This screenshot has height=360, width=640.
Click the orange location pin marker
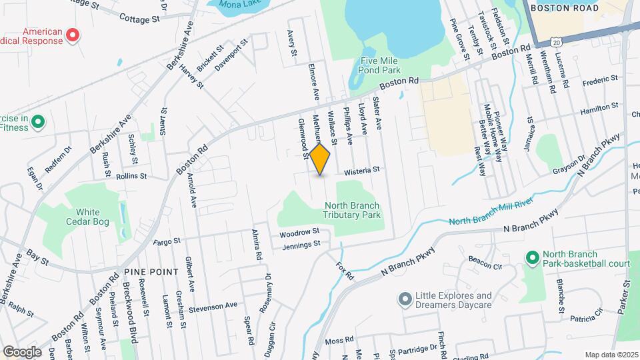pyautogui.click(x=320, y=159)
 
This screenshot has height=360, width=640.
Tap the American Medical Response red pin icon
pyautogui.click(x=74, y=36)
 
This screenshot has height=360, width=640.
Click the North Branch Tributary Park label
pyautogui.click(x=352, y=210)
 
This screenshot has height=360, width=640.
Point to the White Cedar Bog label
pyautogui.click(x=83, y=217)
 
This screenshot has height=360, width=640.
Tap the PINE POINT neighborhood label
pyautogui.click(x=151, y=271)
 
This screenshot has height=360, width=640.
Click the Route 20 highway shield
pyautogui.click(x=557, y=41)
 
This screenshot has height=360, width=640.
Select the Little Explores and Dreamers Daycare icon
pyautogui.click(x=404, y=299)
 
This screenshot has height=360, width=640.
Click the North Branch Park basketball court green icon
pyautogui.click(x=531, y=257)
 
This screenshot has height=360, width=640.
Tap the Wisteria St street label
pyautogui.click(x=361, y=171)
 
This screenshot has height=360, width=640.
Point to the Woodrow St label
pyautogui.click(x=299, y=233)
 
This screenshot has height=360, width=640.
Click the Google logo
pyautogui.click(x=22, y=351)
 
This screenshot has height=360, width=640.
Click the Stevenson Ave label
pyautogui.click(x=213, y=305)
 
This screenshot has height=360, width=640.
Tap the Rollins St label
pyautogui.click(x=131, y=177)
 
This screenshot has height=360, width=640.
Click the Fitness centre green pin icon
pyautogui.click(x=38, y=121)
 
